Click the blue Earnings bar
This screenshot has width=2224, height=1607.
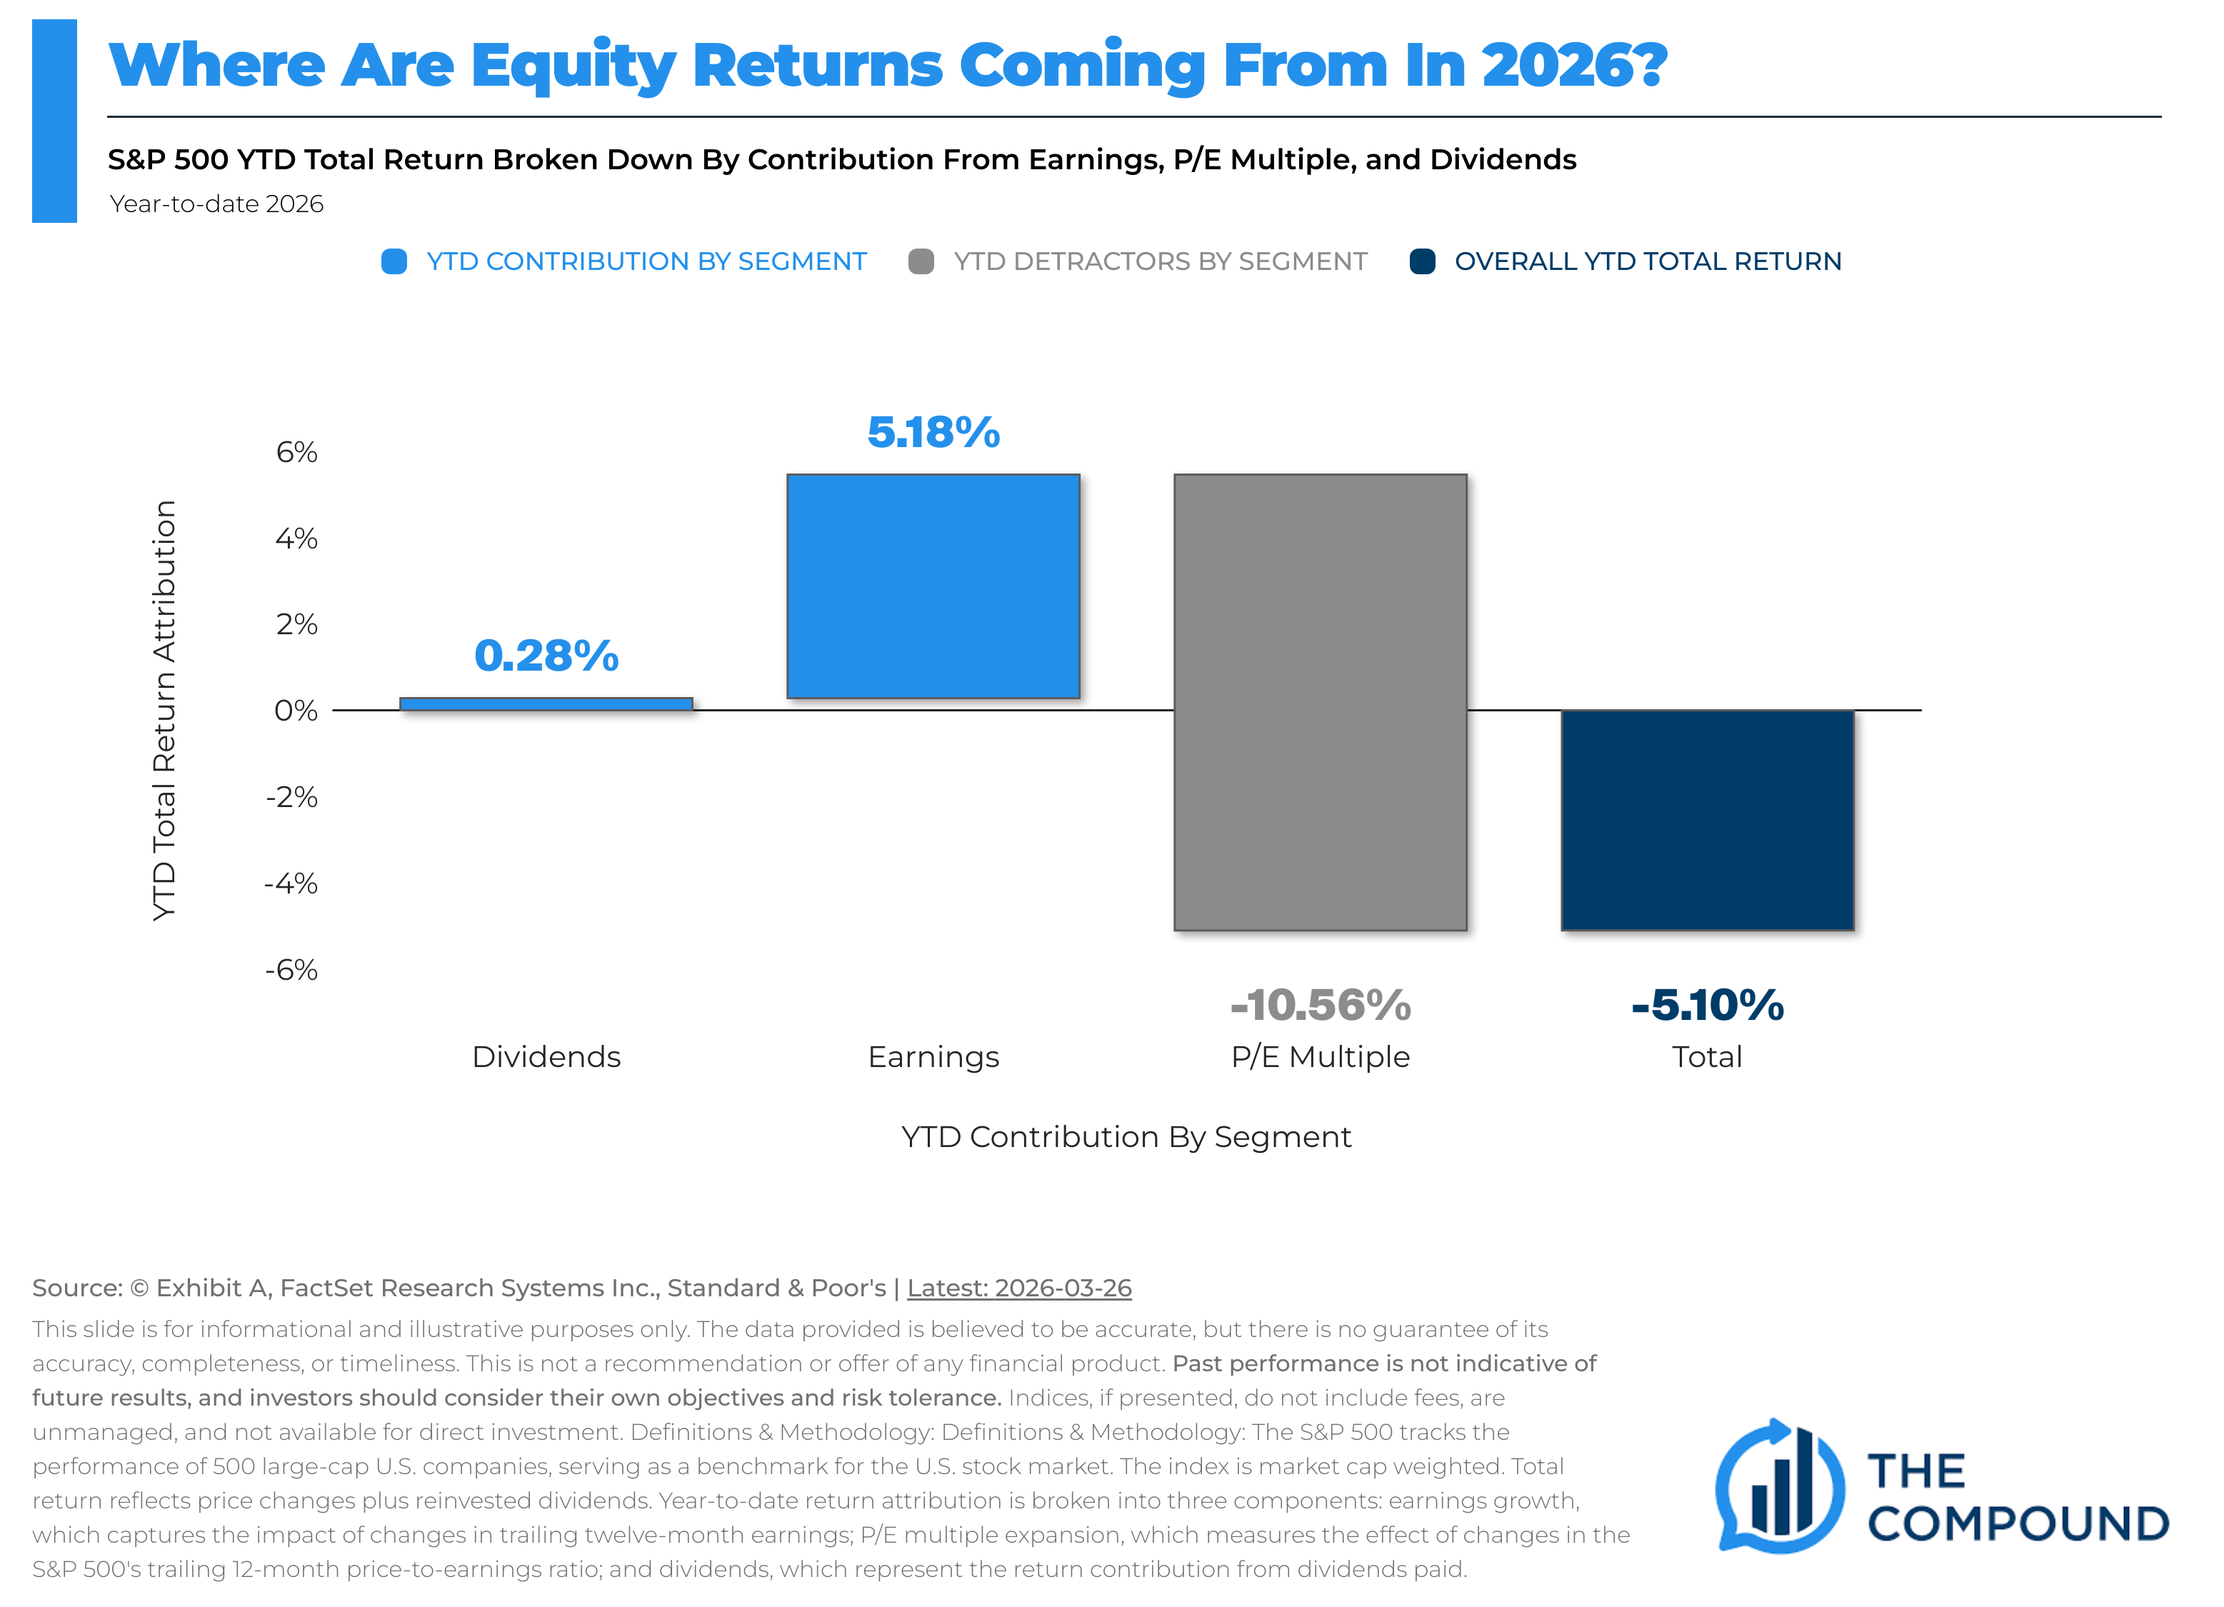[933, 586]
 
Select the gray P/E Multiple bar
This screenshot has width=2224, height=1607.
[1320, 702]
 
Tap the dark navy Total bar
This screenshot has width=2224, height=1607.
[1707, 820]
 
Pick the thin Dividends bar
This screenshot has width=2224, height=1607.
[546, 704]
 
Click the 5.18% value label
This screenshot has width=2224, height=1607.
[933, 432]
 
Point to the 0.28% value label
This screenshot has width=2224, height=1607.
[546, 655]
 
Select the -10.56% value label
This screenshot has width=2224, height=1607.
[1320, 1005]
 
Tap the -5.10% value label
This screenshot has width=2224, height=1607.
[1707, 1005]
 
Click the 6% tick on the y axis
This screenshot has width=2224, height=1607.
[296, 452]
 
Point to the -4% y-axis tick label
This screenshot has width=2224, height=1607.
[291, 883]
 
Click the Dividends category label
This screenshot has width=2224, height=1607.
[546, 1057]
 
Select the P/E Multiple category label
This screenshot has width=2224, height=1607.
[1320, 1057]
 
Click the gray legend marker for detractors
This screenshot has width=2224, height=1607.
[921, 262]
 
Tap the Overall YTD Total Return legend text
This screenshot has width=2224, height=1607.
[1648, 262]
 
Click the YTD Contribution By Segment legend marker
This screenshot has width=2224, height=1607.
[394, 262]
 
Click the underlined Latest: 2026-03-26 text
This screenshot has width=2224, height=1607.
[1019, 1288]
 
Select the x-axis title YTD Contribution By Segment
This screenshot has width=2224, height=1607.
[1126, 1136]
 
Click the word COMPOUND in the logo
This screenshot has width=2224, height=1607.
[2017, 1523]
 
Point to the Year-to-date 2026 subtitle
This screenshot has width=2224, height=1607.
[216, 204]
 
